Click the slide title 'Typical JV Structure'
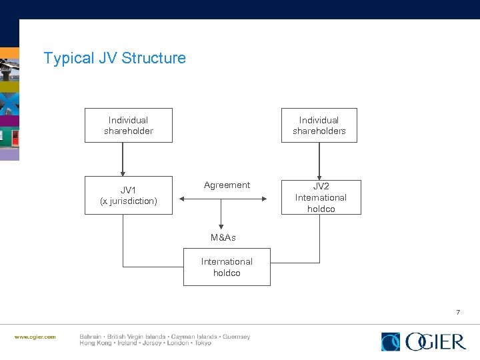click(115, 58)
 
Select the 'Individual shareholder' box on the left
click(128, 125)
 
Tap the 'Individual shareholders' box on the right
click(319, 125)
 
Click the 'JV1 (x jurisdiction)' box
click(128, 195)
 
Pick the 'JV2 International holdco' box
click(321, 197)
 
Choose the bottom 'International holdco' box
click(227, 267)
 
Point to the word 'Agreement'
click(227, 185)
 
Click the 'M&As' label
click(223, 238)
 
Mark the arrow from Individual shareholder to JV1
click(123, 160)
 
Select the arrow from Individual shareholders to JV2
click(319, 160)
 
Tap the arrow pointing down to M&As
click(221, 217)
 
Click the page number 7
click(458, 312)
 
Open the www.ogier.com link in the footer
click(35, 337)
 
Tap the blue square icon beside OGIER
click(391, 341)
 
